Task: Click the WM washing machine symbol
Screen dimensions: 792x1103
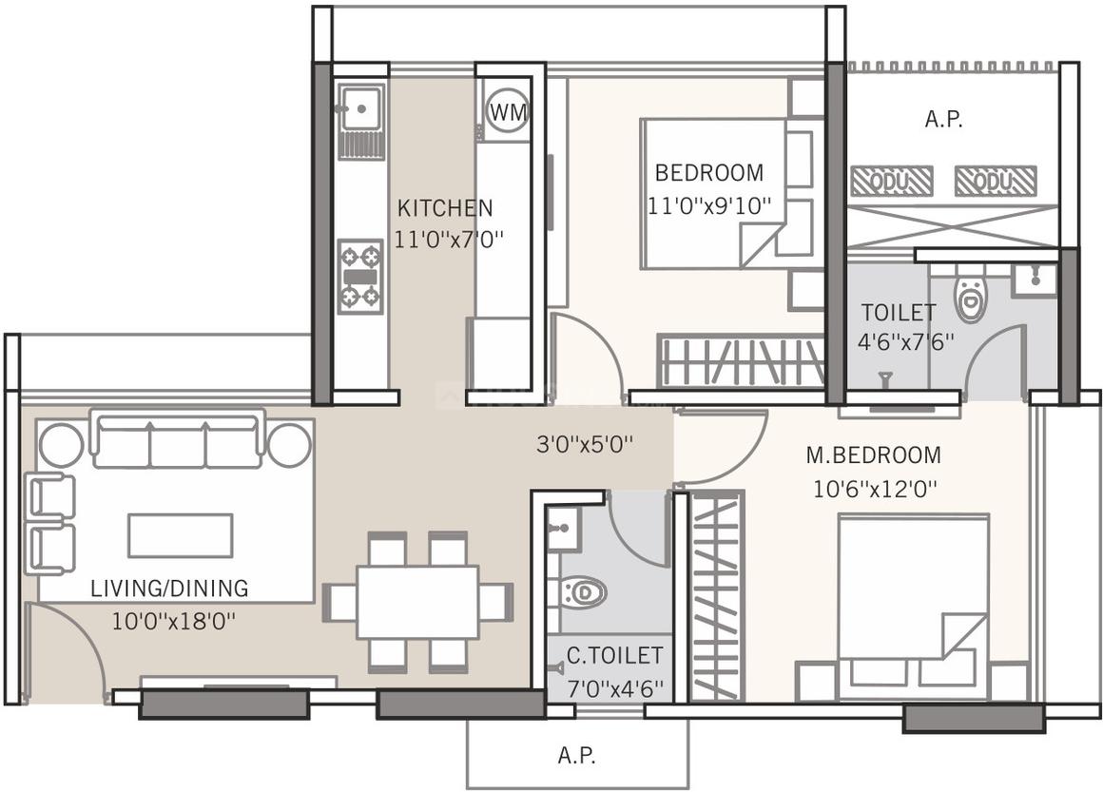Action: click(x=507, y=112)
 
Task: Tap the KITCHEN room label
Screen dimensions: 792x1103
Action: click(x=445, y=207)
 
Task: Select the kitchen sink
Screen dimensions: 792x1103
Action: click(x=360, y=107)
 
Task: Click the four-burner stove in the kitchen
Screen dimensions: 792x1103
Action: click(x=360, y=276)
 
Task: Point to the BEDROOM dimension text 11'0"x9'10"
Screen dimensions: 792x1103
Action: click(x=708, y=204)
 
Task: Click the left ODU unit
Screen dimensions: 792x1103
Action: click(x=891, y=181)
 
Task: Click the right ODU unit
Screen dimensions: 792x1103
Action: click(x=995, y=181)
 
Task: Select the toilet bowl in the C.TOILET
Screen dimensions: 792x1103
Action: click(x=582, y=593)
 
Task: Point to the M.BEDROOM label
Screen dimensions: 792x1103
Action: click(x=873, y=455)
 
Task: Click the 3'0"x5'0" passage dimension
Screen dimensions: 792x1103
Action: click(x=585, y=444)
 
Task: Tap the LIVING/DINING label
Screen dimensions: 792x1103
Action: click(x=169, y=589)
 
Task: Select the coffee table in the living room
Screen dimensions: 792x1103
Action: click(x=181, y=534)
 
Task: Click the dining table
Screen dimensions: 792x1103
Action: click(x=417, y=602)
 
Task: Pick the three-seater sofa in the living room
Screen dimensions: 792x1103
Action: click(x=178, y=440)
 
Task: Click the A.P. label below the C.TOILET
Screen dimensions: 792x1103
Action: click(x=576, y=756)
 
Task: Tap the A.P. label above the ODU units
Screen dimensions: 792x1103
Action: click(x=943, y=120)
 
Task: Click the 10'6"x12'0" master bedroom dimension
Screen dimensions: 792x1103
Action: click(x=875, y=489)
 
